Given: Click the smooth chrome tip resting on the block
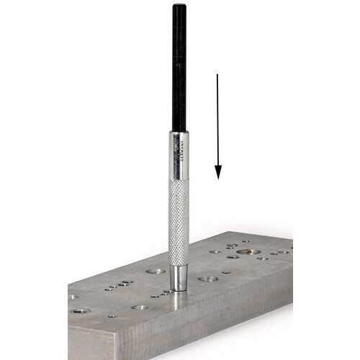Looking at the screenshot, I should click(x=178, y=278).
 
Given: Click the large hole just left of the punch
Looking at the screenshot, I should click(x=155, y=271).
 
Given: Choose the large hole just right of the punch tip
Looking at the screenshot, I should click(x=208, y=278).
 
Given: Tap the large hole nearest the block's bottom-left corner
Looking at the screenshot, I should click(x=80, y=311).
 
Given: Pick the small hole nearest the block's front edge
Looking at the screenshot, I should click(x=112, y=315).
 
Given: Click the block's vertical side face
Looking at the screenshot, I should click(x=216, y=317).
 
